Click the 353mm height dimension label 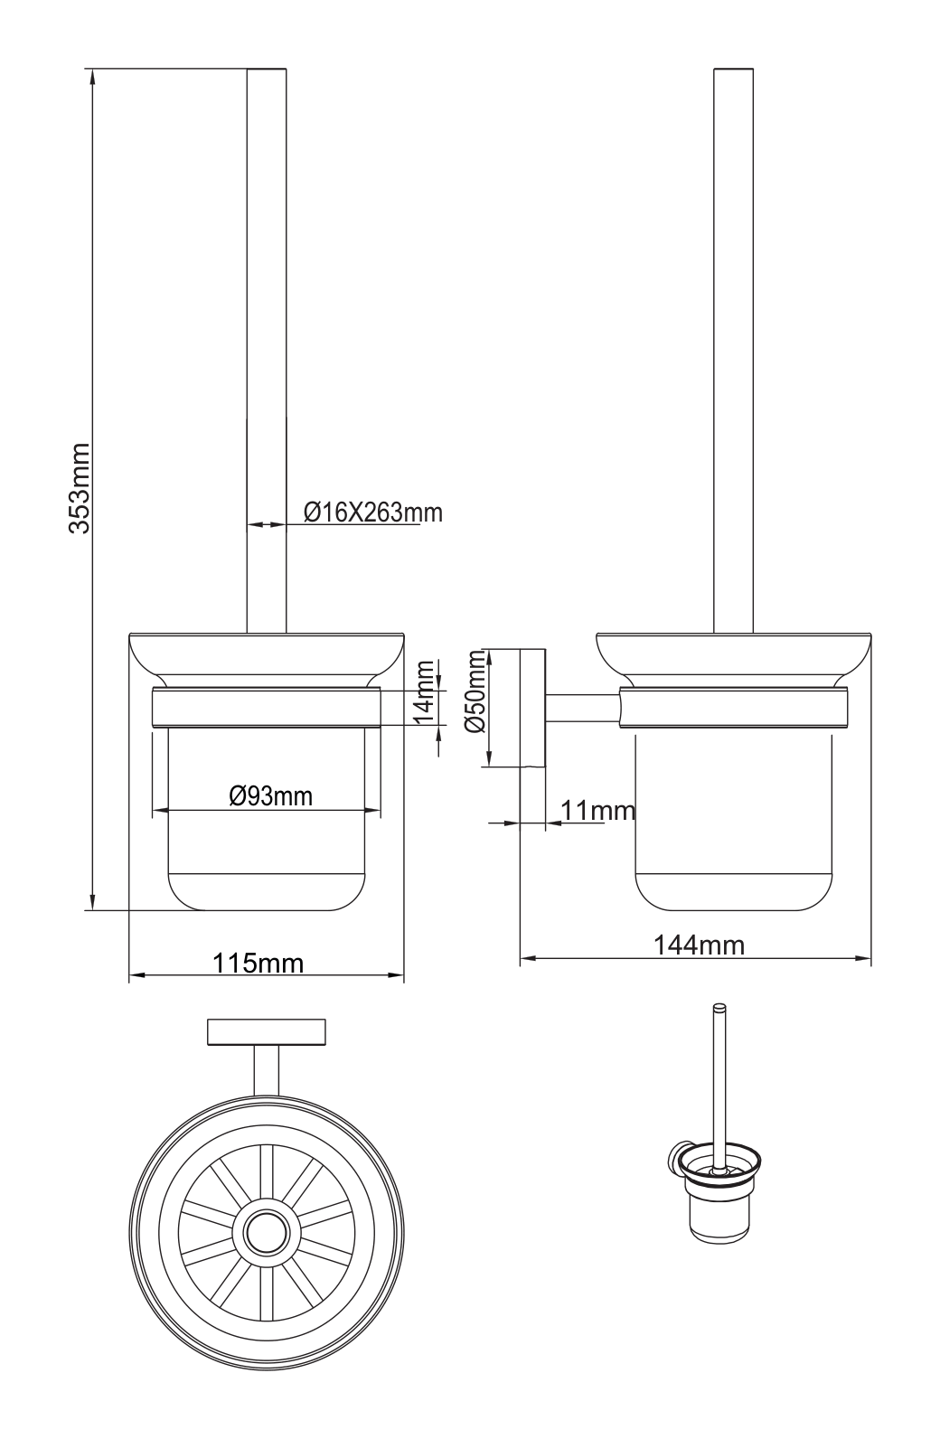point(79,487)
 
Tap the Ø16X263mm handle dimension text point(373,513)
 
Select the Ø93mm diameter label point(270,796)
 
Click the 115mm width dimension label point(258,963)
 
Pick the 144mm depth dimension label point(699,945)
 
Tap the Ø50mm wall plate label point(476,691)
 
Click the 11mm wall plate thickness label point(598,811)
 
